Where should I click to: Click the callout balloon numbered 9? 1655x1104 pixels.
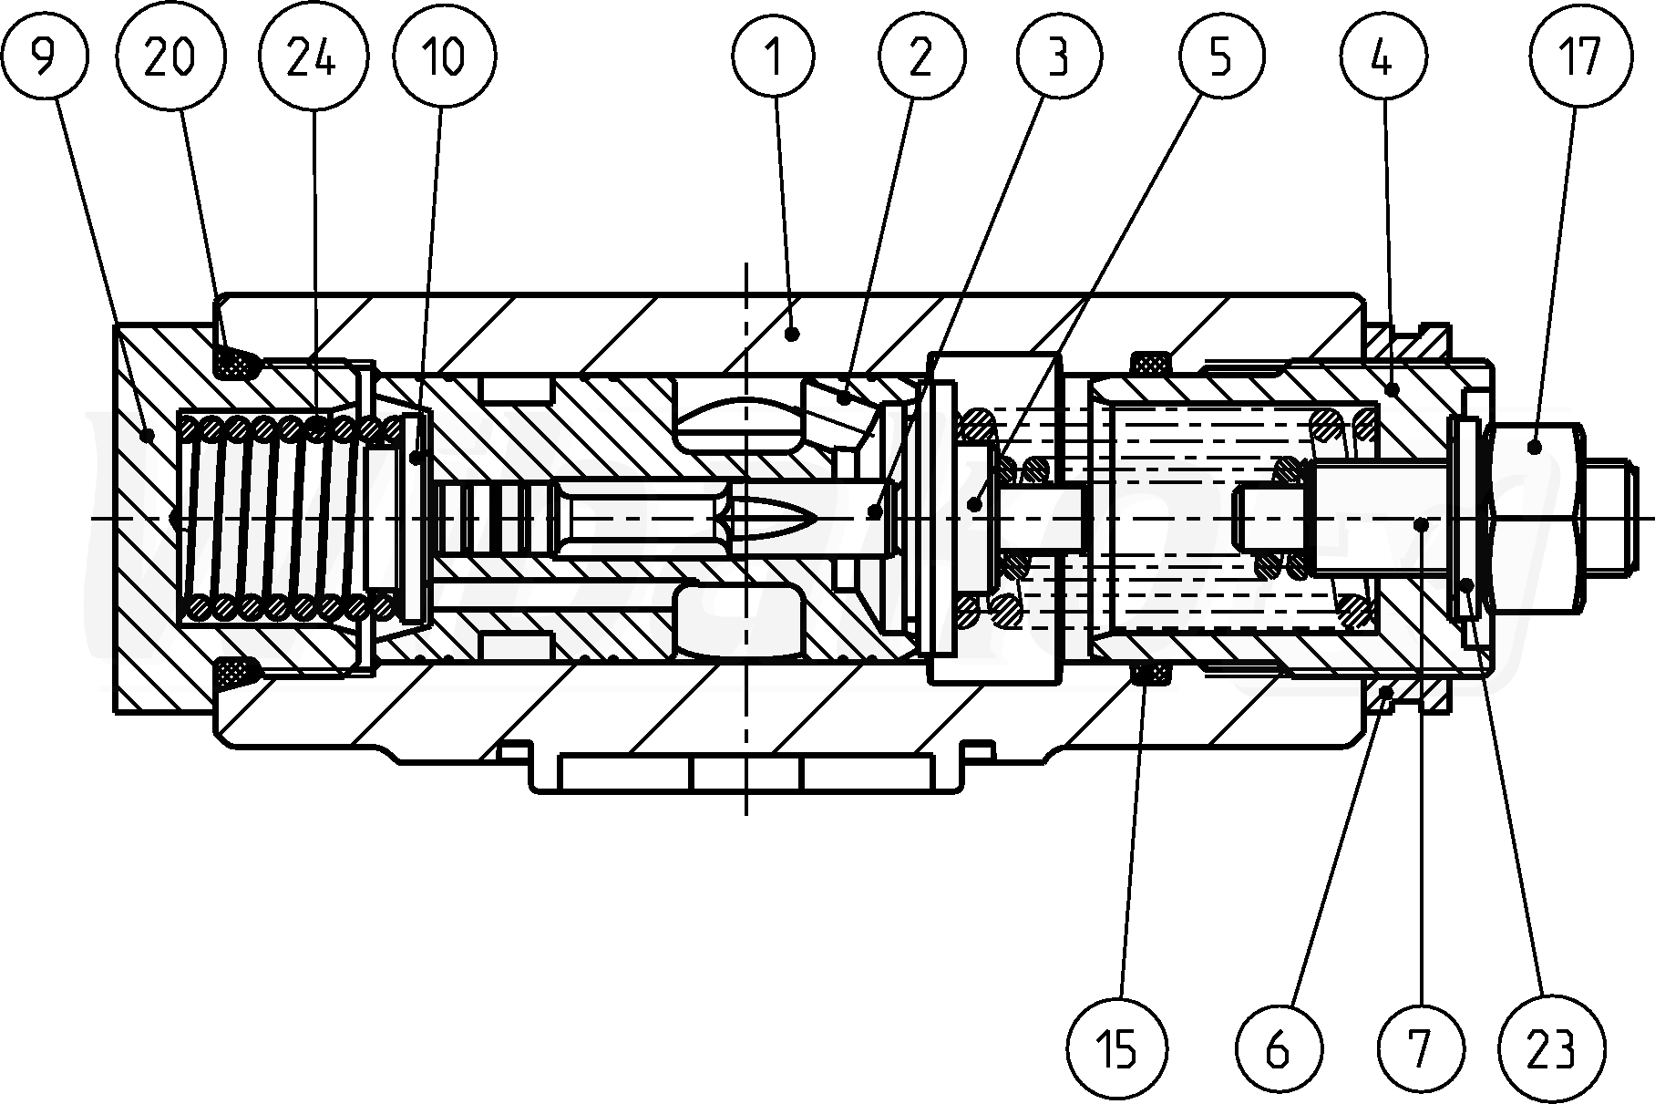42,57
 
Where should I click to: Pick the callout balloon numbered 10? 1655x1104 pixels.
444,57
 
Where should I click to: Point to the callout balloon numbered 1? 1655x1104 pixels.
774,57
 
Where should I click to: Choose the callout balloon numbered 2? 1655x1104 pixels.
920,57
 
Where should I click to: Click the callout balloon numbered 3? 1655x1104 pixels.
1058,57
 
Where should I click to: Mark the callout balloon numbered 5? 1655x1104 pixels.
1220,57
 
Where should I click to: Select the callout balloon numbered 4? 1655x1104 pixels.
1382,57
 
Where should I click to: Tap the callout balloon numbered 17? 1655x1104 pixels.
1579,57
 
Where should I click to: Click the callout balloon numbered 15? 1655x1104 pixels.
1119,1049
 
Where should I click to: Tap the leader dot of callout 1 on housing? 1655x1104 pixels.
792,335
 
